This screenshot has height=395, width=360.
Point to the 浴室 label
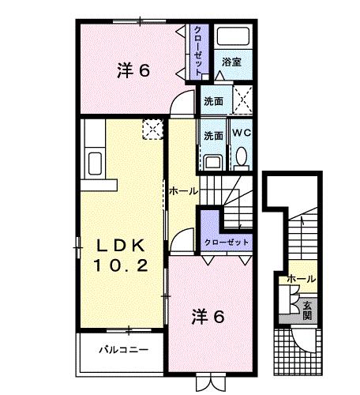point(231,61)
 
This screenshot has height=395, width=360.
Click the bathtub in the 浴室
point(234,39)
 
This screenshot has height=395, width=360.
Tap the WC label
point(241,134)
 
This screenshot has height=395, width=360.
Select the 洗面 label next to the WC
point(213,134)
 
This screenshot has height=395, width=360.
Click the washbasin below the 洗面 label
point(212,160)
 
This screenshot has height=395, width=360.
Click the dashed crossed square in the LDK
point(151,130)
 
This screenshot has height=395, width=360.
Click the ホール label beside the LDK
point(182,191)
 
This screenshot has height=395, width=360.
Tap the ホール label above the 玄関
point(302,278)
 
